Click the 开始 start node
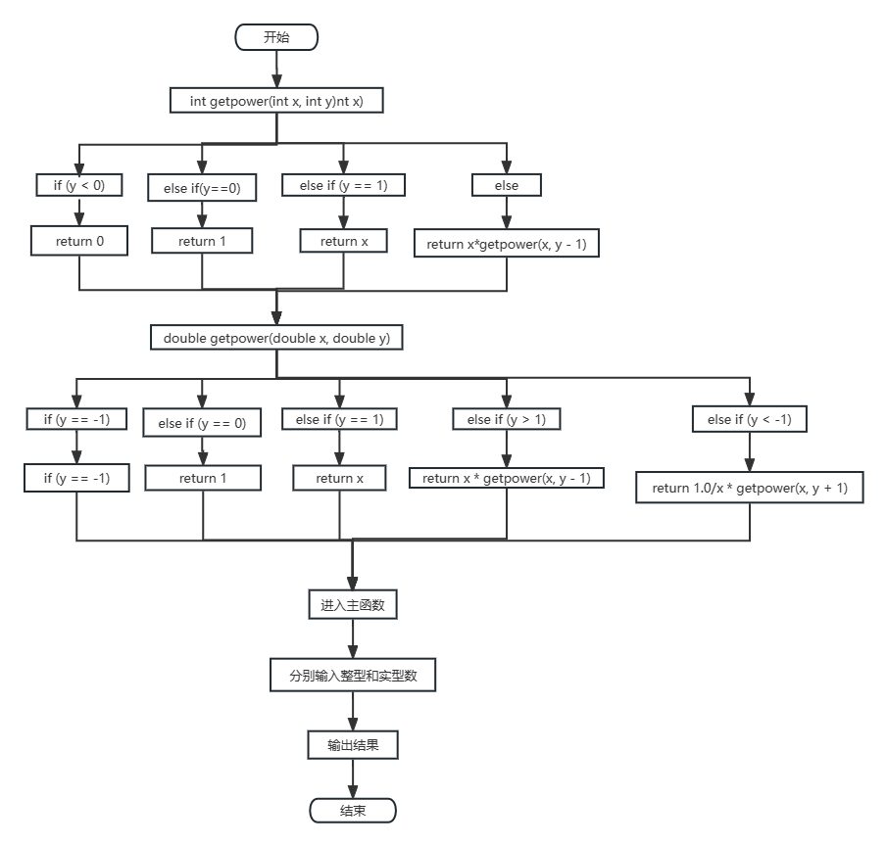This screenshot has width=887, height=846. (276, 37)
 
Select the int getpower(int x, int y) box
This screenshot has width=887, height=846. (276, 101)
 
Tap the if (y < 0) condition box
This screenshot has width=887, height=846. (79, 184)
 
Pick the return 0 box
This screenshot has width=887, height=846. (79, 241)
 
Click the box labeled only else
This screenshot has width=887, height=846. (507, 185)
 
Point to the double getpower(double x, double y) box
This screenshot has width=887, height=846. (276, 338)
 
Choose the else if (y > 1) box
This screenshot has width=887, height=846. (507, 419)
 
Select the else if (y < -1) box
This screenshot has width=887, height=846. (749, 419)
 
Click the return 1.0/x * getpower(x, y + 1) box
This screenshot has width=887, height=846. (749, 488)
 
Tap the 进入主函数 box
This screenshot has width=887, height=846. (353, 605)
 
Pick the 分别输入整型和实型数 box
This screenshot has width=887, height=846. (353, 676)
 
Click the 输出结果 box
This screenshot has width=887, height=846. (353, 746)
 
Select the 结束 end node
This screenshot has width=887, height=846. (353, 811)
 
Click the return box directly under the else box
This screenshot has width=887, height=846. (507, 244)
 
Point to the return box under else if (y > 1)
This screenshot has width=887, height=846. (507, 478)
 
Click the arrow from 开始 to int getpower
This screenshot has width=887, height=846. (276, 69)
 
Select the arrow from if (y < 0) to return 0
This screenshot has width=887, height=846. (79, 211)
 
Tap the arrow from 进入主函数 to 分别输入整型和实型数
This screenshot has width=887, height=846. (353, 639)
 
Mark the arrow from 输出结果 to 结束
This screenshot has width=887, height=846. (353, 779)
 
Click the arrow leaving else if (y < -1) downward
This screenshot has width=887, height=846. (749, 452)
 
